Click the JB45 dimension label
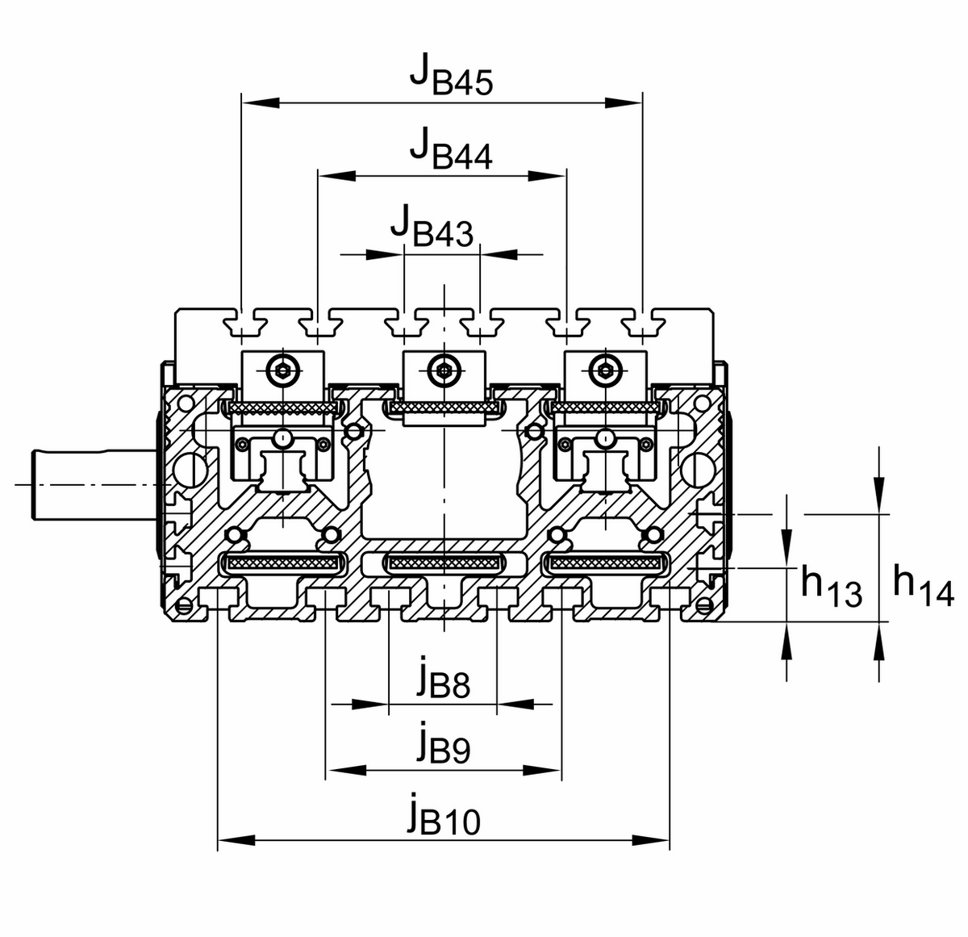click(x=451, y=76)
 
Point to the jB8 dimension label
click(x=444, y=680)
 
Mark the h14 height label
click(x=924, y=585)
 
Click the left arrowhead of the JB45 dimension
click(x=260, y=103)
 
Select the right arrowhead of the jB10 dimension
click(x=651, y=840)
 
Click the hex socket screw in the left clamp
click(x=283, y=370)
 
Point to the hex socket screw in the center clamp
click(x=444, y=370)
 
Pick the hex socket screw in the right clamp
click(x=605, y=370)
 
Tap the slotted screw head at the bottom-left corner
click(x=184, y=605)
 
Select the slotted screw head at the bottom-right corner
click(x=703, y=605)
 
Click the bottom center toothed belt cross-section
click(x=444, y=563)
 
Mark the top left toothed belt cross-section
click(x=283, y=408)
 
